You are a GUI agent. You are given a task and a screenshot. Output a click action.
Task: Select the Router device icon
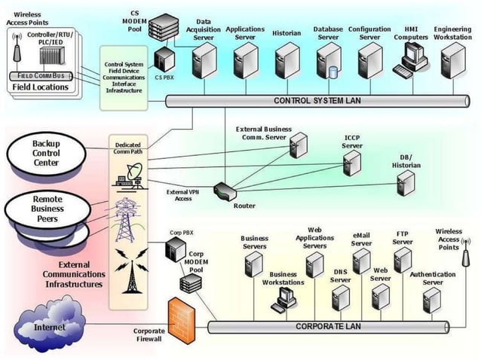click(225, 191)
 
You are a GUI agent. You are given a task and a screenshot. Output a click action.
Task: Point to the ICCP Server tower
click(351, 162)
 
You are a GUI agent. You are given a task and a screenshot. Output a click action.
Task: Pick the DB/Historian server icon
click(406, 183)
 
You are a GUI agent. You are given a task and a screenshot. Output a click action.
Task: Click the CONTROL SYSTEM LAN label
click(317, 101)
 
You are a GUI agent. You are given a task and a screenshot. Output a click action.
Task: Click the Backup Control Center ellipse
click(45, 154)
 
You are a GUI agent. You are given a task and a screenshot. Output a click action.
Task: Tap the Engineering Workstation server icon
click(454, 61)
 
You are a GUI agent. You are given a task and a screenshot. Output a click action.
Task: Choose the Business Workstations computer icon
click(283, 300)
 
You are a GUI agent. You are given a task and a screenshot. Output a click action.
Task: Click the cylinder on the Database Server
click(333, 73)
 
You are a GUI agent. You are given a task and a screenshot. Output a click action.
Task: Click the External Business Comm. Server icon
click(299, 145)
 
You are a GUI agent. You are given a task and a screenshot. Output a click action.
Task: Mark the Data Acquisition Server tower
click(204, 62)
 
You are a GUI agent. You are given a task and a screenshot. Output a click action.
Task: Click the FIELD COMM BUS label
click(41, 76)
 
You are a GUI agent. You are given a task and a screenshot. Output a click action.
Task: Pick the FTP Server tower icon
click(403, 261)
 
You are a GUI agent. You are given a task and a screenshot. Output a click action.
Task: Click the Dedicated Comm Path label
click(128, 148)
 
